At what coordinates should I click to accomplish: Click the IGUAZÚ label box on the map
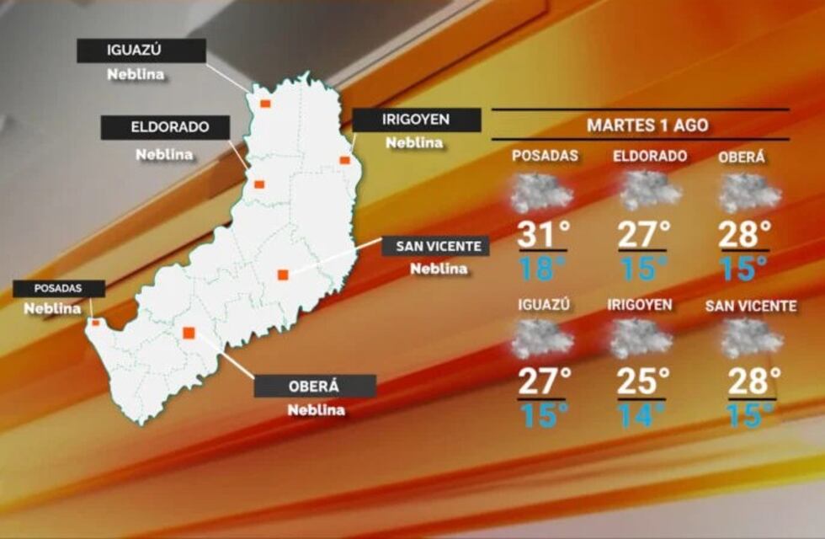141,51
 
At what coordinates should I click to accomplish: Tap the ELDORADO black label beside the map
165,128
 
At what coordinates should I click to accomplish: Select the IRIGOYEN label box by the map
416,120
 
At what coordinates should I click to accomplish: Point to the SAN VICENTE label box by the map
436,247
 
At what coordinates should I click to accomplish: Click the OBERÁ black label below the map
315,387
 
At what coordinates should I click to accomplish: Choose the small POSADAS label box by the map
58,289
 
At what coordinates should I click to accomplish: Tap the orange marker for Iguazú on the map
265,104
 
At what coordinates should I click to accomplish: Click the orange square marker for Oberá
189,333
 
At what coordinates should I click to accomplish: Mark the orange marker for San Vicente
283,275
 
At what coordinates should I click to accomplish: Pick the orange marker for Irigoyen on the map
344,160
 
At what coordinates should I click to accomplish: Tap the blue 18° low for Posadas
539,269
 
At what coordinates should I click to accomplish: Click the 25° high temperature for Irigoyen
641,381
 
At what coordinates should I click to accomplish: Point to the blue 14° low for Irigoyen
641,414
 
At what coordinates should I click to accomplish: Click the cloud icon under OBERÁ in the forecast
750,193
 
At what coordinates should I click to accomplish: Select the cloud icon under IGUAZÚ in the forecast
543,339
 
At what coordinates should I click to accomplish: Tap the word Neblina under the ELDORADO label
164,155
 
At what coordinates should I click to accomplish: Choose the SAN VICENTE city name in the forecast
750,307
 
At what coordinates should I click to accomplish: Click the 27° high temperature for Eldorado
643,233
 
